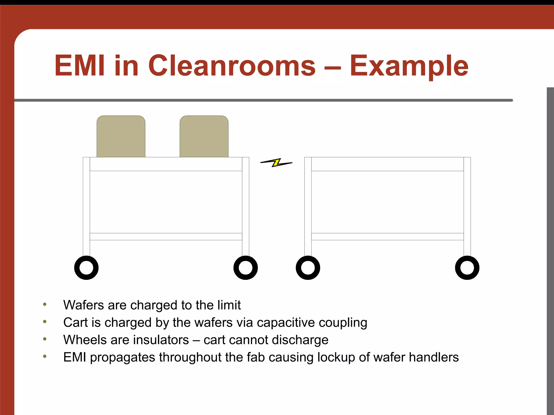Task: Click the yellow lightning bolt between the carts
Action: click(x=276, y=163)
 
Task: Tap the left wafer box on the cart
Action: click(x=121, y=137)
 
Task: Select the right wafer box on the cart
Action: click(x=204, y=137)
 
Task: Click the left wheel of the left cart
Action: click(x=86, y=268)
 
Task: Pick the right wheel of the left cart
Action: click(x=246, y=268)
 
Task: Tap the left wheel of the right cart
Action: click(x=308, y=268)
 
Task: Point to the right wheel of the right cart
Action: click(x=467, y=268)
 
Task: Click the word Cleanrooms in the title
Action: click(x=232, y=66)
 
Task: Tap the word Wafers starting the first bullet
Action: click(x=83, y=305)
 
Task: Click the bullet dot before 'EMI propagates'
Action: click(x=45, y=356)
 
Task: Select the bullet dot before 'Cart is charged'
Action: click(x=45, y=322)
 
